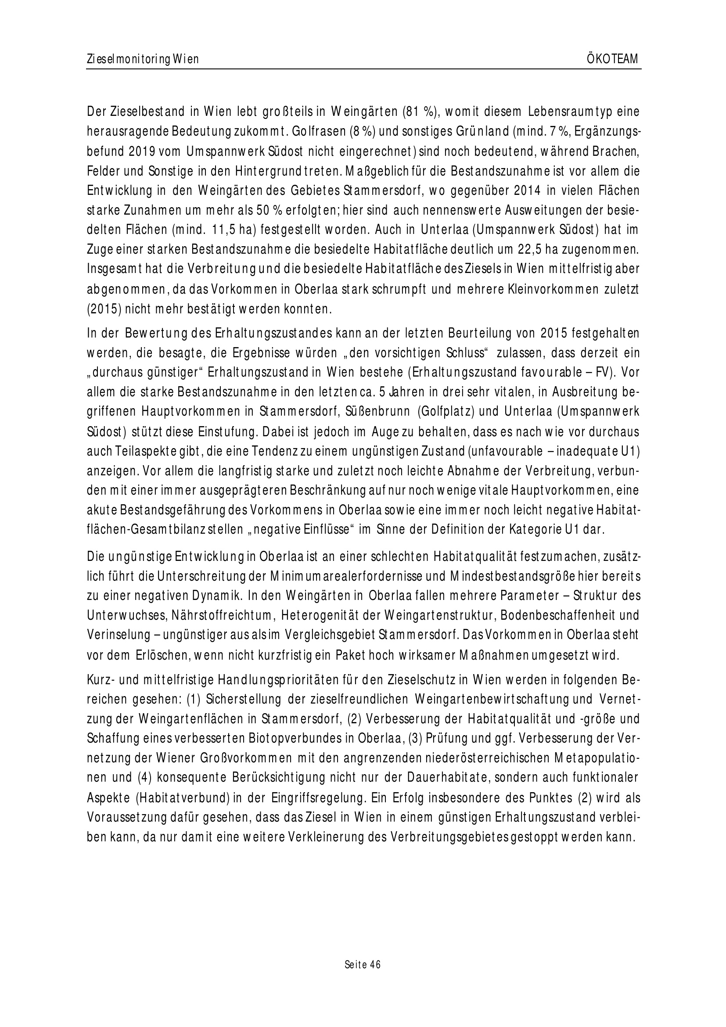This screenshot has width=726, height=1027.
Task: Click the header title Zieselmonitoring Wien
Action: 143,60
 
